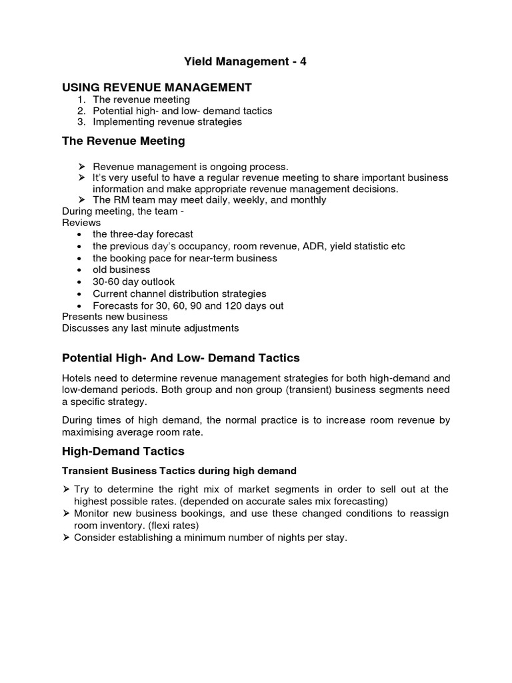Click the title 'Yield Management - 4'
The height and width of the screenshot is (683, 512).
pos(245,62)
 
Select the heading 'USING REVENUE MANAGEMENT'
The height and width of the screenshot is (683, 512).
pos(157,87)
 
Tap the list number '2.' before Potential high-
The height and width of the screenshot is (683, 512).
pos(81,111)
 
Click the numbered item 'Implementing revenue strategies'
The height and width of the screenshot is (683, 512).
pos(167,122)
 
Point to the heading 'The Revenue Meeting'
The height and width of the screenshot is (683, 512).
pos(123,141)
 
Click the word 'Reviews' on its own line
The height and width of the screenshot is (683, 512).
pos(81,222)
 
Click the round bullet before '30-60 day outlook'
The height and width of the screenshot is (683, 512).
pos(80,282)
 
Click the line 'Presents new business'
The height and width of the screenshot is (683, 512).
pos(115,317)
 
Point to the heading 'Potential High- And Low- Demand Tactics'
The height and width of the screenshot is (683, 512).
pos(181,358)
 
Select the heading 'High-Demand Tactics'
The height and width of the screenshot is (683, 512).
pos(122,452)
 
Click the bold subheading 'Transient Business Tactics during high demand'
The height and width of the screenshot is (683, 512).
pos(179,471)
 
